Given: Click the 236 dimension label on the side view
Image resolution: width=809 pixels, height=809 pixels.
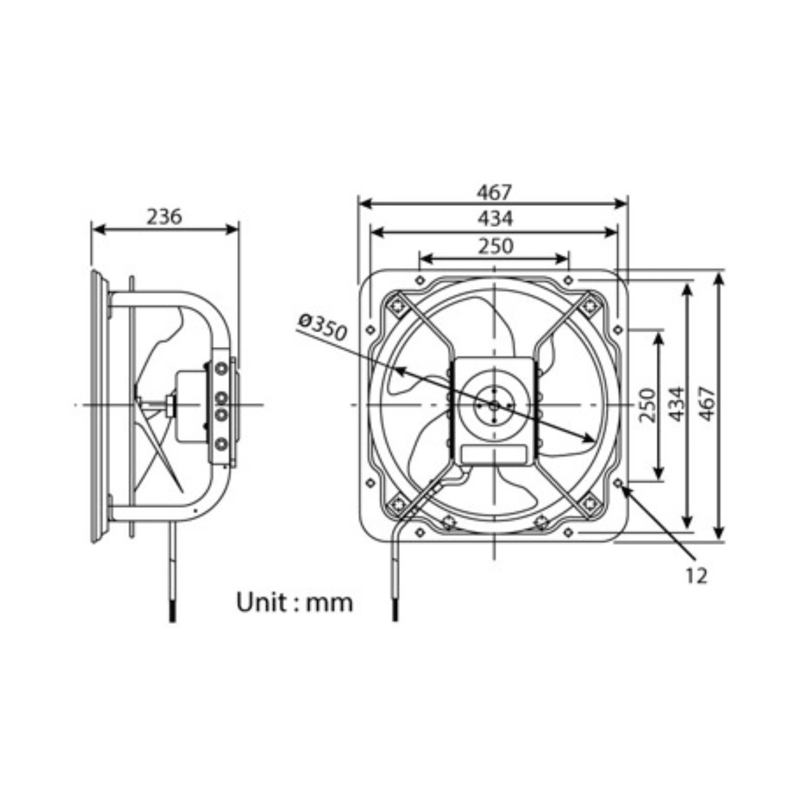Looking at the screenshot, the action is point(165,217).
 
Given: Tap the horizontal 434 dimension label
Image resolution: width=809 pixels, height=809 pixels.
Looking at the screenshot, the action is point(495,218).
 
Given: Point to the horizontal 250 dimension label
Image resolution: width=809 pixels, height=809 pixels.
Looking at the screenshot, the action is point(495,246).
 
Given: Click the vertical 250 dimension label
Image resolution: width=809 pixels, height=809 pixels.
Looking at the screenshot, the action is point(647,405).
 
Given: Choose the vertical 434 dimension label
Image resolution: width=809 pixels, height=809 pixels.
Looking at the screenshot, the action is point(677,404).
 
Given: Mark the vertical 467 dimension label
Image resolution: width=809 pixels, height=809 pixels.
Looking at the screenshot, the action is point(707,404).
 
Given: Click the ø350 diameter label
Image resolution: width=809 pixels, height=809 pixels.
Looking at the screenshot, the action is point(323,327).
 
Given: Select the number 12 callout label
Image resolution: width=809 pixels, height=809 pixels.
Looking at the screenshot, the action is point(697,576).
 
